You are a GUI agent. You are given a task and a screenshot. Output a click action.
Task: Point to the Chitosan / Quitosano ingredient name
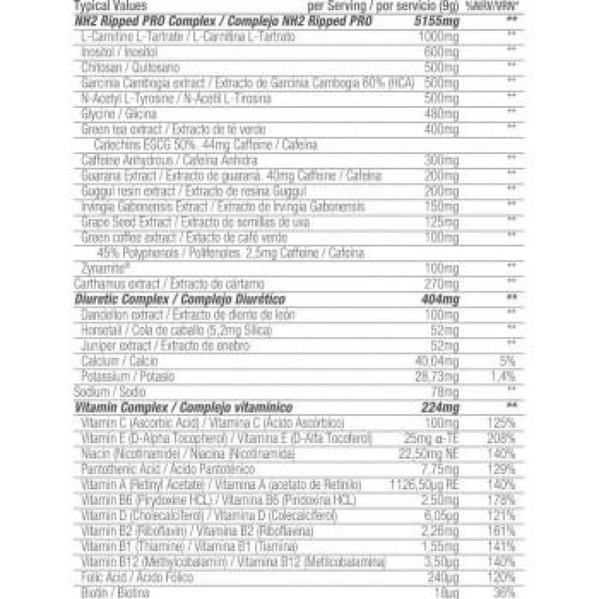[130, 68]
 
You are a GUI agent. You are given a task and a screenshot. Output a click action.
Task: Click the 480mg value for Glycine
[443, 114]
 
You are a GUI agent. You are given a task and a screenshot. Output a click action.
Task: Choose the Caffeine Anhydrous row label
[169, 161]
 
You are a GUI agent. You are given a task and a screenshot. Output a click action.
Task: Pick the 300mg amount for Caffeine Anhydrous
[443, 161]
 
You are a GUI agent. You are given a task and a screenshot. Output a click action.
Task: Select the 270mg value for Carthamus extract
[443, 283]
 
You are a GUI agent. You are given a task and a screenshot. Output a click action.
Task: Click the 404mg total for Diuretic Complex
[441, 299]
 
